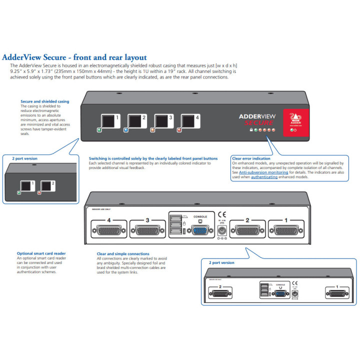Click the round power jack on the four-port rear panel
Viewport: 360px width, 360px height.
click(222, 230)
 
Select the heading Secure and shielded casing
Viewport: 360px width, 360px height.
click(45, 101)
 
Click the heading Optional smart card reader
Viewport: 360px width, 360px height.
click(41, 253)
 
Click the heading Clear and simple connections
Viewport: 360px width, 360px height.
click(123, 254)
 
